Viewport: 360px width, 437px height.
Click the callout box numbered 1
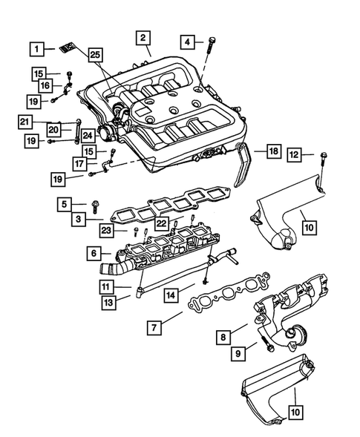coord(36,49)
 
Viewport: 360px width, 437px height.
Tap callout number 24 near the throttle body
coord(88,135)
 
